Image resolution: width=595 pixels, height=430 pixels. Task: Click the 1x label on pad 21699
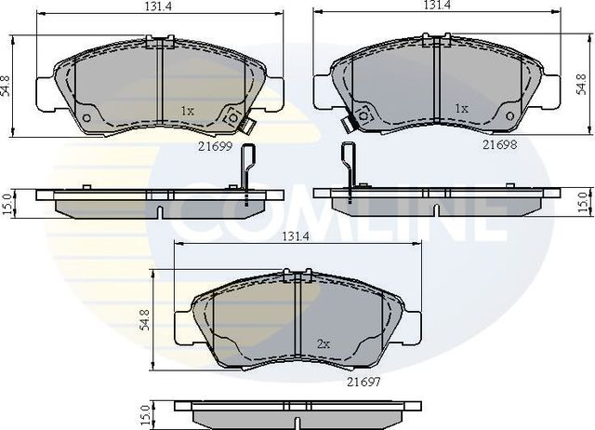(x=186, y=111)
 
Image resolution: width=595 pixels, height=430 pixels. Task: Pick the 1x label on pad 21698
(x=460, y=109)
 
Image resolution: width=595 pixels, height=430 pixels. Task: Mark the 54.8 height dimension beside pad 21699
(x=7, y=87)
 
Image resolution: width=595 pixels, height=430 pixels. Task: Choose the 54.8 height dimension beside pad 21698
(x=583, y=87)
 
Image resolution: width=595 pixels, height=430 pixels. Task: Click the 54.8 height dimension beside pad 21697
(x=145, y=321)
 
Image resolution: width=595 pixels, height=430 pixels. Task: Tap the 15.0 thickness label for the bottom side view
(x=144, y=415)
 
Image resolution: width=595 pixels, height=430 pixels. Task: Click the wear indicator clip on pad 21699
(x=232, y=119)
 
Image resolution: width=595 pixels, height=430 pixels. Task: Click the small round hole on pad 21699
(x=87, y=118)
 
